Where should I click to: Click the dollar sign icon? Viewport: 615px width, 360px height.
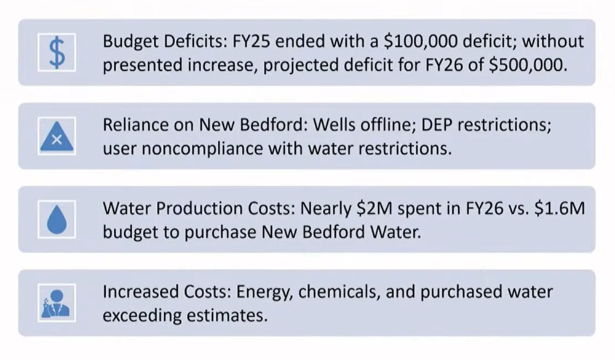coord(57,52)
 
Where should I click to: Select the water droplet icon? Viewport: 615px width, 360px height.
coord(57,220)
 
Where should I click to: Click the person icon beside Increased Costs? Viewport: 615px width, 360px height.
coord(57,303)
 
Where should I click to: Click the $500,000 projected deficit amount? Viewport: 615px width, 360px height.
coord(527,65)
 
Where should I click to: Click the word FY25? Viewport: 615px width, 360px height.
coord(250,42)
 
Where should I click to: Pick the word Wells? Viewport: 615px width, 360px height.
coord(335,126)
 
